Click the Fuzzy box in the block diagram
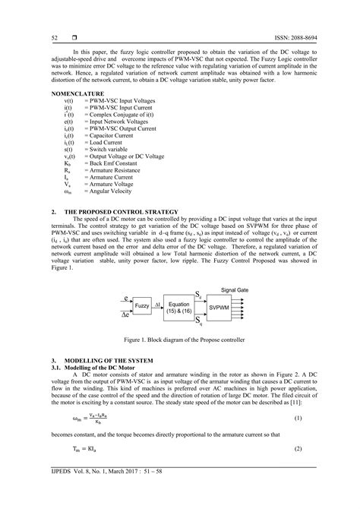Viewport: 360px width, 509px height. pyautogui.click(x=142, y=305)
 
